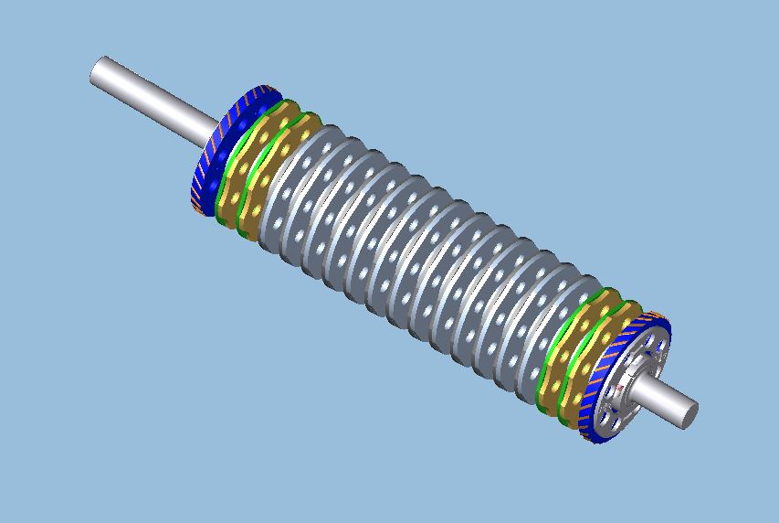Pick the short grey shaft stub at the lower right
[x=662, y=400]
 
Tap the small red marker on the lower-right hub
[x=620, y=390]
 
